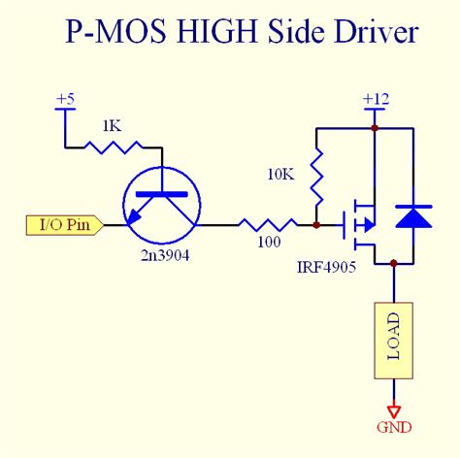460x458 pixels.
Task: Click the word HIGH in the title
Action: pos(216,32)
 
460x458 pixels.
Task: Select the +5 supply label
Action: pos(65,99)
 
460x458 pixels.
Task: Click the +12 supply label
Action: pos(376,99)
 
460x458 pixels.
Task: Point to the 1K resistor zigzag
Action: pos(113,147)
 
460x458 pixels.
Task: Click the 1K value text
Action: pos(112,126)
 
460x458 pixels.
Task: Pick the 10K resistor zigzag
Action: pos(316,178)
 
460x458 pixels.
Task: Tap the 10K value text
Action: pos(280,175)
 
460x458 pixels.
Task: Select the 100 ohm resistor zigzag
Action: pos(268,225)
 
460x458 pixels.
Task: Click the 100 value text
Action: pos(269,242)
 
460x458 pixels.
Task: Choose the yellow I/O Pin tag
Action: pos(65,225)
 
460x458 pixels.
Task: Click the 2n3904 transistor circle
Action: pos(123,205)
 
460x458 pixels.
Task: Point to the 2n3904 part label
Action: pos(165,256)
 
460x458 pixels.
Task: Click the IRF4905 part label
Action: pos(326,267)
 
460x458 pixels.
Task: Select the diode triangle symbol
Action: pos(413,216)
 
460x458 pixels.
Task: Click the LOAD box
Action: pos(394,341)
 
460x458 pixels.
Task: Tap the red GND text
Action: pos(394,427)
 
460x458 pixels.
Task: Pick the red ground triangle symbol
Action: pos(394,411)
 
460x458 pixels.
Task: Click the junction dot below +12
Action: pos(375,128)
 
